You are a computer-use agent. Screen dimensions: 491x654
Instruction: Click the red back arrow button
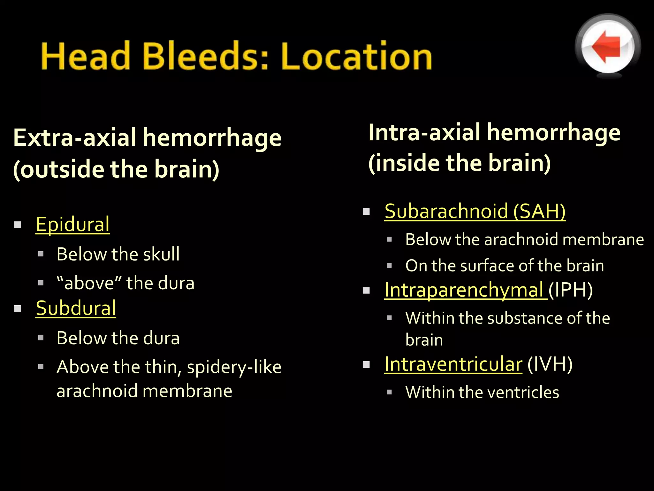[x=607, y=47]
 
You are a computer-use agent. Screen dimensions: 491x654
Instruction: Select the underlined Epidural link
[x=72, y=224]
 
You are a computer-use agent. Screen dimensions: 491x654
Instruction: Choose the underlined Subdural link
[x=76, y=308]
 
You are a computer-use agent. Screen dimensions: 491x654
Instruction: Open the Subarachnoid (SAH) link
[x=475, y=211]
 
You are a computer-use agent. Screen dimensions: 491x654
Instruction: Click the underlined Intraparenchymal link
[x=465, y=290]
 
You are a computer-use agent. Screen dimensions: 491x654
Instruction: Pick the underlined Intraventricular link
[x=453, y=364]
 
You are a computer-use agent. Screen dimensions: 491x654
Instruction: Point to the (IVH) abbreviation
[x=550, y=364]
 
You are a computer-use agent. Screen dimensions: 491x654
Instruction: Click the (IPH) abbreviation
[x=570, y=290]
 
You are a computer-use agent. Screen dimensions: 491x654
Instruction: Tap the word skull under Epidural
[x=161, y=254]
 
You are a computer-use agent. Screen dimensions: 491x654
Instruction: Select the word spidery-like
[x=234, y=367]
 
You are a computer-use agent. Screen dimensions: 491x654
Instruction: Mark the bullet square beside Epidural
[x=18, y=225]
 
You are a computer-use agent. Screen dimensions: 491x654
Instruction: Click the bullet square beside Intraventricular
[x=366, y=364]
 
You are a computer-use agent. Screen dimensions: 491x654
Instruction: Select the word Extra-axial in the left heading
[x=75, y=138]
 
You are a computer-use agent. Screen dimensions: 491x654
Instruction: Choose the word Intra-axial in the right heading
[x=424, y=133]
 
